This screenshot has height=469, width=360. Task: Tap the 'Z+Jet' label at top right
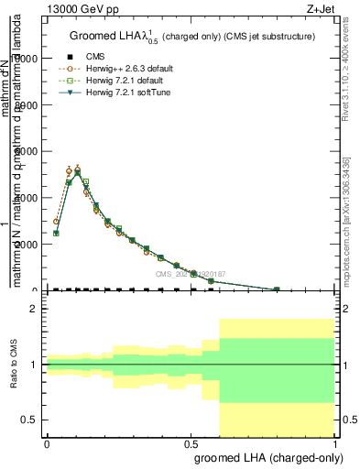pyautogui.click(x=322, y=8)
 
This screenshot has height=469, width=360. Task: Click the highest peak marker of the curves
pyautogui.click(x=78, y=169)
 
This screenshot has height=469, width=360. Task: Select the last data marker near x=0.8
pyautogui.click(x=277, y=289)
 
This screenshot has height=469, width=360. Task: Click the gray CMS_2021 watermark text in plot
pyautogui.click(x=191, y=273)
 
